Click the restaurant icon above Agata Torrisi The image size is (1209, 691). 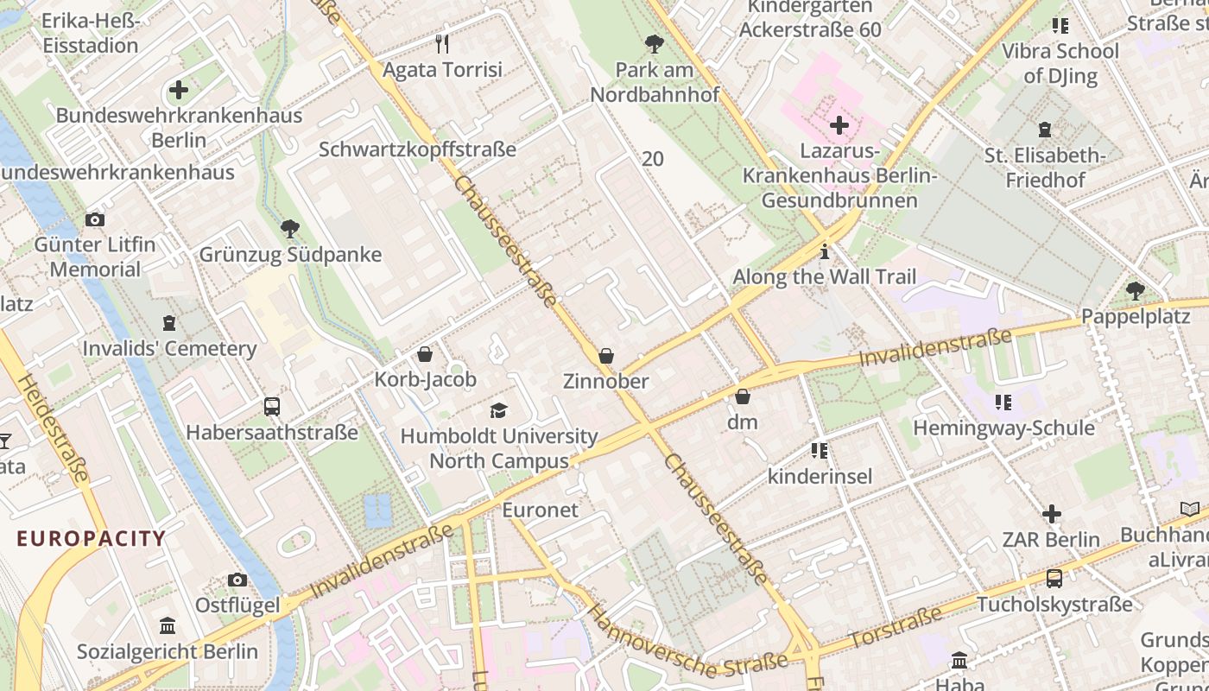[x=443, y=43]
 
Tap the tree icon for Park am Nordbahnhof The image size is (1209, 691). [x=655, y=43]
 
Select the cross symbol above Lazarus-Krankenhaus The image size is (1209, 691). [x=839, y=126]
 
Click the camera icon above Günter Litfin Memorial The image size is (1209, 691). [x=95, y=219]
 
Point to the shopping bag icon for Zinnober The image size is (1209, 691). [x=606, y=356]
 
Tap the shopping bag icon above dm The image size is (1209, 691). [x=742, y=396]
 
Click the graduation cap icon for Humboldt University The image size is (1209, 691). [x=499, y=410]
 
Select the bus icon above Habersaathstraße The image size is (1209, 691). [x=271, y=406]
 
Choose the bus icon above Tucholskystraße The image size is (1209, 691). [x=1054, y=579]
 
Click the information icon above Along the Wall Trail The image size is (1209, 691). [x=825, y=252]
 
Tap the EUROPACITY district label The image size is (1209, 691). [x=91, y=539]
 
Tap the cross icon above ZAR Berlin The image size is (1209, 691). [x=1051, y=515]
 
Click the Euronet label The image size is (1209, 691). [x=541, y=510]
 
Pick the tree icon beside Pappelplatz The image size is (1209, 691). [x=1136, y=291]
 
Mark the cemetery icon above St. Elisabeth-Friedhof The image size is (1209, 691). [x=1045, y=130]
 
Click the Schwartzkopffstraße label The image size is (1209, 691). [x=417, y=149]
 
